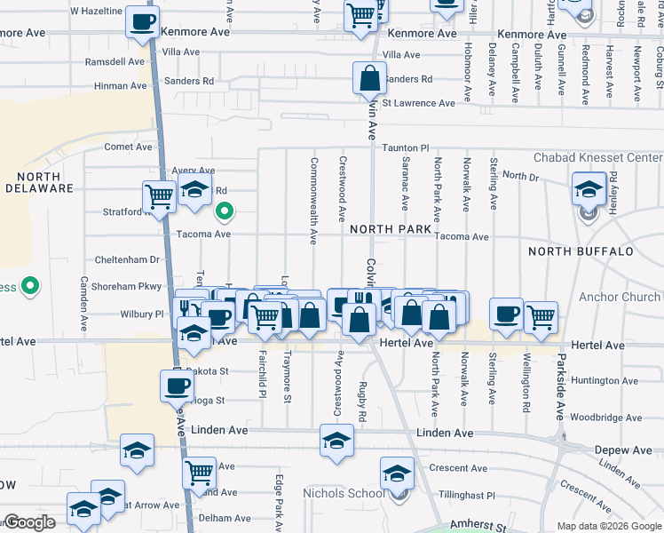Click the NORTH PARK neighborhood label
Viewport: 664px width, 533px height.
[x=390, y=229]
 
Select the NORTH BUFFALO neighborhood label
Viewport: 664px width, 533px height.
[x=581, y=251]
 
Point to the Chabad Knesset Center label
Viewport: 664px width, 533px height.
[x=597, y=158]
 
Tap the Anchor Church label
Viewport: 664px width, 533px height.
[x=620, y=298]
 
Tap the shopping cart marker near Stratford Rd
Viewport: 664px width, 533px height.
[x=160, y=196]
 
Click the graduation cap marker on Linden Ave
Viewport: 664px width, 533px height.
[x=336, y=441]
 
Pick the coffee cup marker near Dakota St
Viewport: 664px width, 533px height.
[x=177, y=385]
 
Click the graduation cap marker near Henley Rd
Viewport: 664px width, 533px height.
[x=588, y=190]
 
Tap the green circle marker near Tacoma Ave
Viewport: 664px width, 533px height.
[x=225, y=211]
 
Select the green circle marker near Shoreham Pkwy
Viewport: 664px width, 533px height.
[x=30, y=286]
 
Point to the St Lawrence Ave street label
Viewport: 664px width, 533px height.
[x=424, y=103]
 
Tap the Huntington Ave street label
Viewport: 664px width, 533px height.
[x=605, y=381]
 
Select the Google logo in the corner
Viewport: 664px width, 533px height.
[x=28, y=522]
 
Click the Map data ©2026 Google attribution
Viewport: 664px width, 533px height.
[x=608, y=526]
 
